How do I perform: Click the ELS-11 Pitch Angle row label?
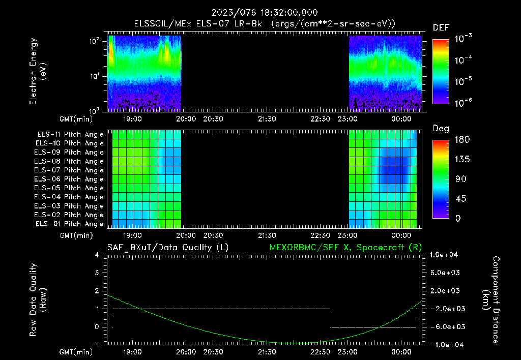click(70, 134)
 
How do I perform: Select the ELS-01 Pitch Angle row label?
click(70, 224)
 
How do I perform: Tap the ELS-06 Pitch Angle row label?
click(70, 179)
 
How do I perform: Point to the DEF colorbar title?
click(441, 27)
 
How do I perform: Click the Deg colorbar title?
click(441, 129)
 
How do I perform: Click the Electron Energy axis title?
click(39, 71)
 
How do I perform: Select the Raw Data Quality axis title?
click(39, 299)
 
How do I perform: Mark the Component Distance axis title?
click(491, 299)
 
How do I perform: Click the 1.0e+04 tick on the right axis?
click(446, 255)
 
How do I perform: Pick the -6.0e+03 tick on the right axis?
click(446, 326)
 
